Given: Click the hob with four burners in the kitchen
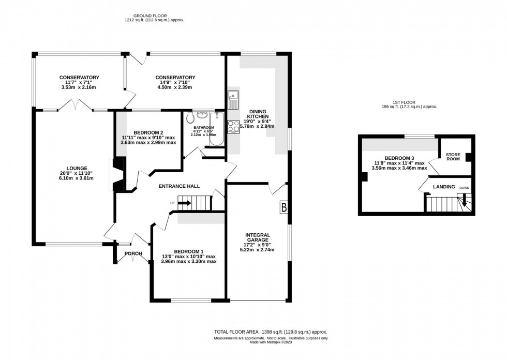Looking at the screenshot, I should [233, 126].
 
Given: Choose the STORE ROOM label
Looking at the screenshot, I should [453, 157].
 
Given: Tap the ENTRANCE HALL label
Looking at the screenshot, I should [179, 186].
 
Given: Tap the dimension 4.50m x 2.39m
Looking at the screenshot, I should [175, 87].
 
